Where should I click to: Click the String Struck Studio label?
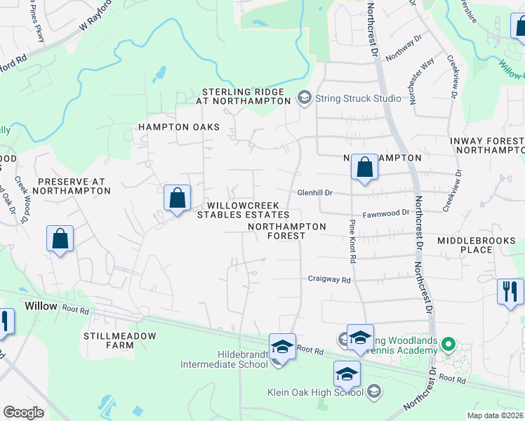(x=358, y=98)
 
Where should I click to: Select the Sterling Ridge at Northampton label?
(x=243, y=96)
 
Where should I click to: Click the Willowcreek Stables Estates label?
(x=243, y=210)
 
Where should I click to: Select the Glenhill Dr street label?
(x=314, y=192)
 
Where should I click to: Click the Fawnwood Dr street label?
(x=385, y=213)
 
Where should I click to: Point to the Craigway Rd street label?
(x=328, y=279)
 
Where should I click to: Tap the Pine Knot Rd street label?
(x=352, y=241)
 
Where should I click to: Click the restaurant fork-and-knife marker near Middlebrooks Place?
(x=510, y=290)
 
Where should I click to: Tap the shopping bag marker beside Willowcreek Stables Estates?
(x=178, y=198)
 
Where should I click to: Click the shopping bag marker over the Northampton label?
(x=364, y=168)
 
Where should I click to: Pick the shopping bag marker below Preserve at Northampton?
(x=60, y=239)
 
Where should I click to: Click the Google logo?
(x=23, y=413)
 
